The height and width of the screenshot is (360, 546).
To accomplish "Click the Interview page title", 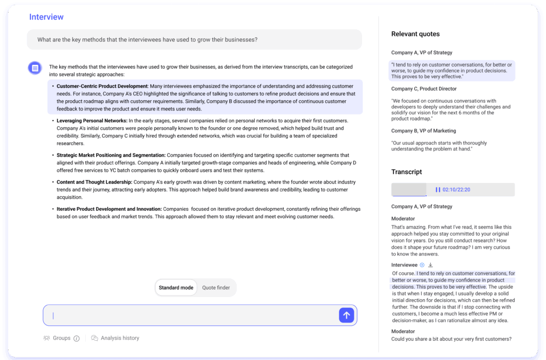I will coord(46,17).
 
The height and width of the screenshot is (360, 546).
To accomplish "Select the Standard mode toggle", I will coord(176,287).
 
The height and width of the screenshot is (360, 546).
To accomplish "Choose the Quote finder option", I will coord(216,287).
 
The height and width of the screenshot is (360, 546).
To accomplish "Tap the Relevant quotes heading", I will coord(415,34).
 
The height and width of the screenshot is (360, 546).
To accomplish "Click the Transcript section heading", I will coord(406,172).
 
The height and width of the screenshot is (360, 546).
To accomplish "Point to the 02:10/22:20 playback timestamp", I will coord(456,190).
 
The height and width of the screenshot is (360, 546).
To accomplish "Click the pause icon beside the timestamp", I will coord(438,190).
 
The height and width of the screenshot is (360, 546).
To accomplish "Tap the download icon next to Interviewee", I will coord(430,265).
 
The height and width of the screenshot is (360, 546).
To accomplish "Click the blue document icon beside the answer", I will coord(35,68).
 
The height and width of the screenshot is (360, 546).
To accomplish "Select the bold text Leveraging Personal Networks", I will coord(92,121).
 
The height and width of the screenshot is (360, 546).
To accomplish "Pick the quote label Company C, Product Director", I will coord(424,89).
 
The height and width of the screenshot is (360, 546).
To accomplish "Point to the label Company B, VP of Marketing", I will coord(423,131).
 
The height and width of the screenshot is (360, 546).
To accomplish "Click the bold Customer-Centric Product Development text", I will coord(102,86).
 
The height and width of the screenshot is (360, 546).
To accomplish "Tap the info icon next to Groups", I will coord(76,338).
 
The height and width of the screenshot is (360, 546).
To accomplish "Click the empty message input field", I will coord(192,315).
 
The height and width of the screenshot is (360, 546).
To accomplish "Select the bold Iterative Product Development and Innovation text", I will coord(109,209).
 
